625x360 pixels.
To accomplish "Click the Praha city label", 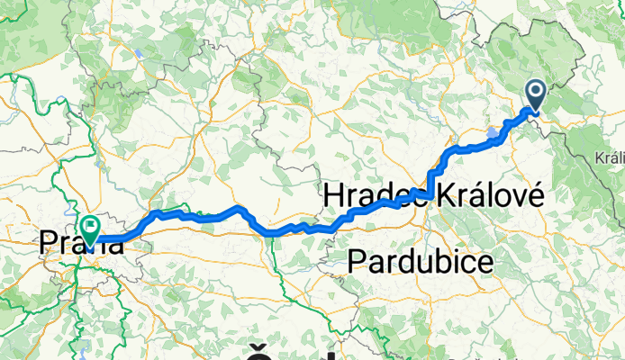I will coord(80,242).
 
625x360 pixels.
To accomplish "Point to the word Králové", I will coord(487,195).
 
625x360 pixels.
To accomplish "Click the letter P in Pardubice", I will coord(355,263).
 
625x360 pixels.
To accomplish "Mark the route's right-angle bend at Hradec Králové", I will coord(431,193).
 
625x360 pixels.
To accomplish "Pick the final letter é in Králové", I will coord(533,195).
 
